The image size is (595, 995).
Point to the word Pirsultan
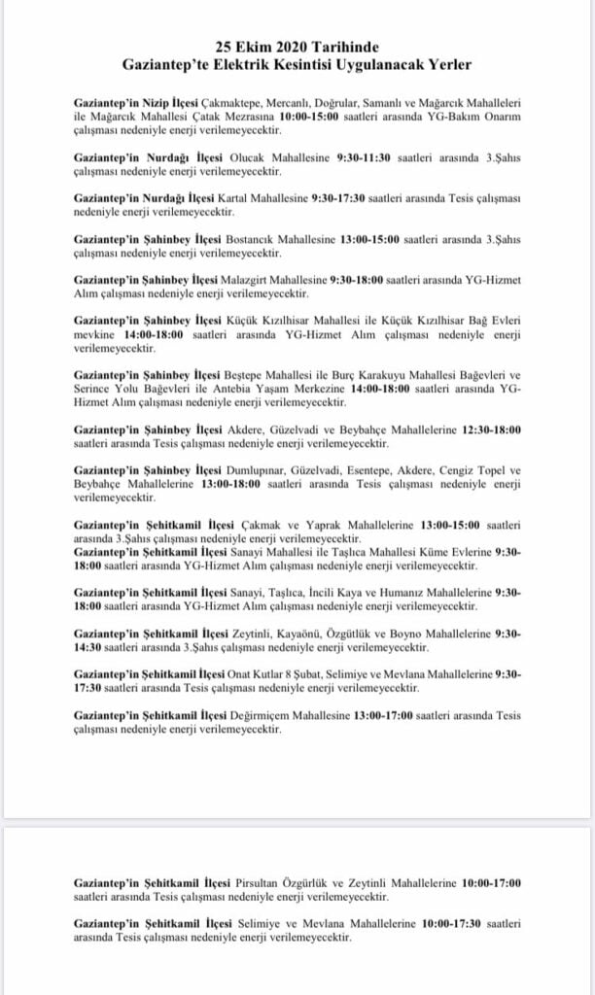pos(262,882)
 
